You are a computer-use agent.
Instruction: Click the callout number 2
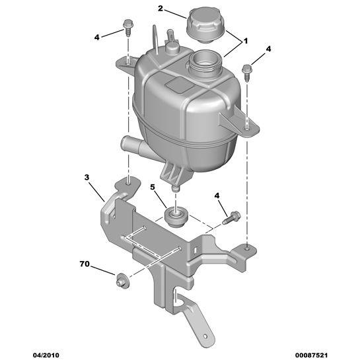(x=161, y=9)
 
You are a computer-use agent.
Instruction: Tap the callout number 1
(x=246, y=42)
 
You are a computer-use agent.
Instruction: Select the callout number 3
(x=87, y=177)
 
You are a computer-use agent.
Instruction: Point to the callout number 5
(x=153, y=187)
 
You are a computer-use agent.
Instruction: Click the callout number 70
(x=85, y=264)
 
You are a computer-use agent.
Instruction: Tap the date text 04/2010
(x=46, y=355)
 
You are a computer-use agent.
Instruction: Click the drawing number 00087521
(x=311, y=355)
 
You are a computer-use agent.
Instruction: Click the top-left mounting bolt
(x=127, y=28)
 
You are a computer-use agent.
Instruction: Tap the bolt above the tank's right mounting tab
(x=247, y=73)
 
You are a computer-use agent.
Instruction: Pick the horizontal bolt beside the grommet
(x=231, y=217)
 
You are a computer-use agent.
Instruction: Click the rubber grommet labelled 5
(x=176, y=217)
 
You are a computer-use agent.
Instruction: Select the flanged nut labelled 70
(x=123, y=281)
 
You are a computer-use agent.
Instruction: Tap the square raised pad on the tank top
(x=178, y=85)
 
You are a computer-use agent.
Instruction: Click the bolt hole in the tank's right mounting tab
(x=247, y=129)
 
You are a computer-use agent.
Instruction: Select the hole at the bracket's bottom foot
(x=205, y=336)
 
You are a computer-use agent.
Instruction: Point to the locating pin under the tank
(x=176, y=189)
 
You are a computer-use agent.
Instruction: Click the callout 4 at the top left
(x=97, y=37)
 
